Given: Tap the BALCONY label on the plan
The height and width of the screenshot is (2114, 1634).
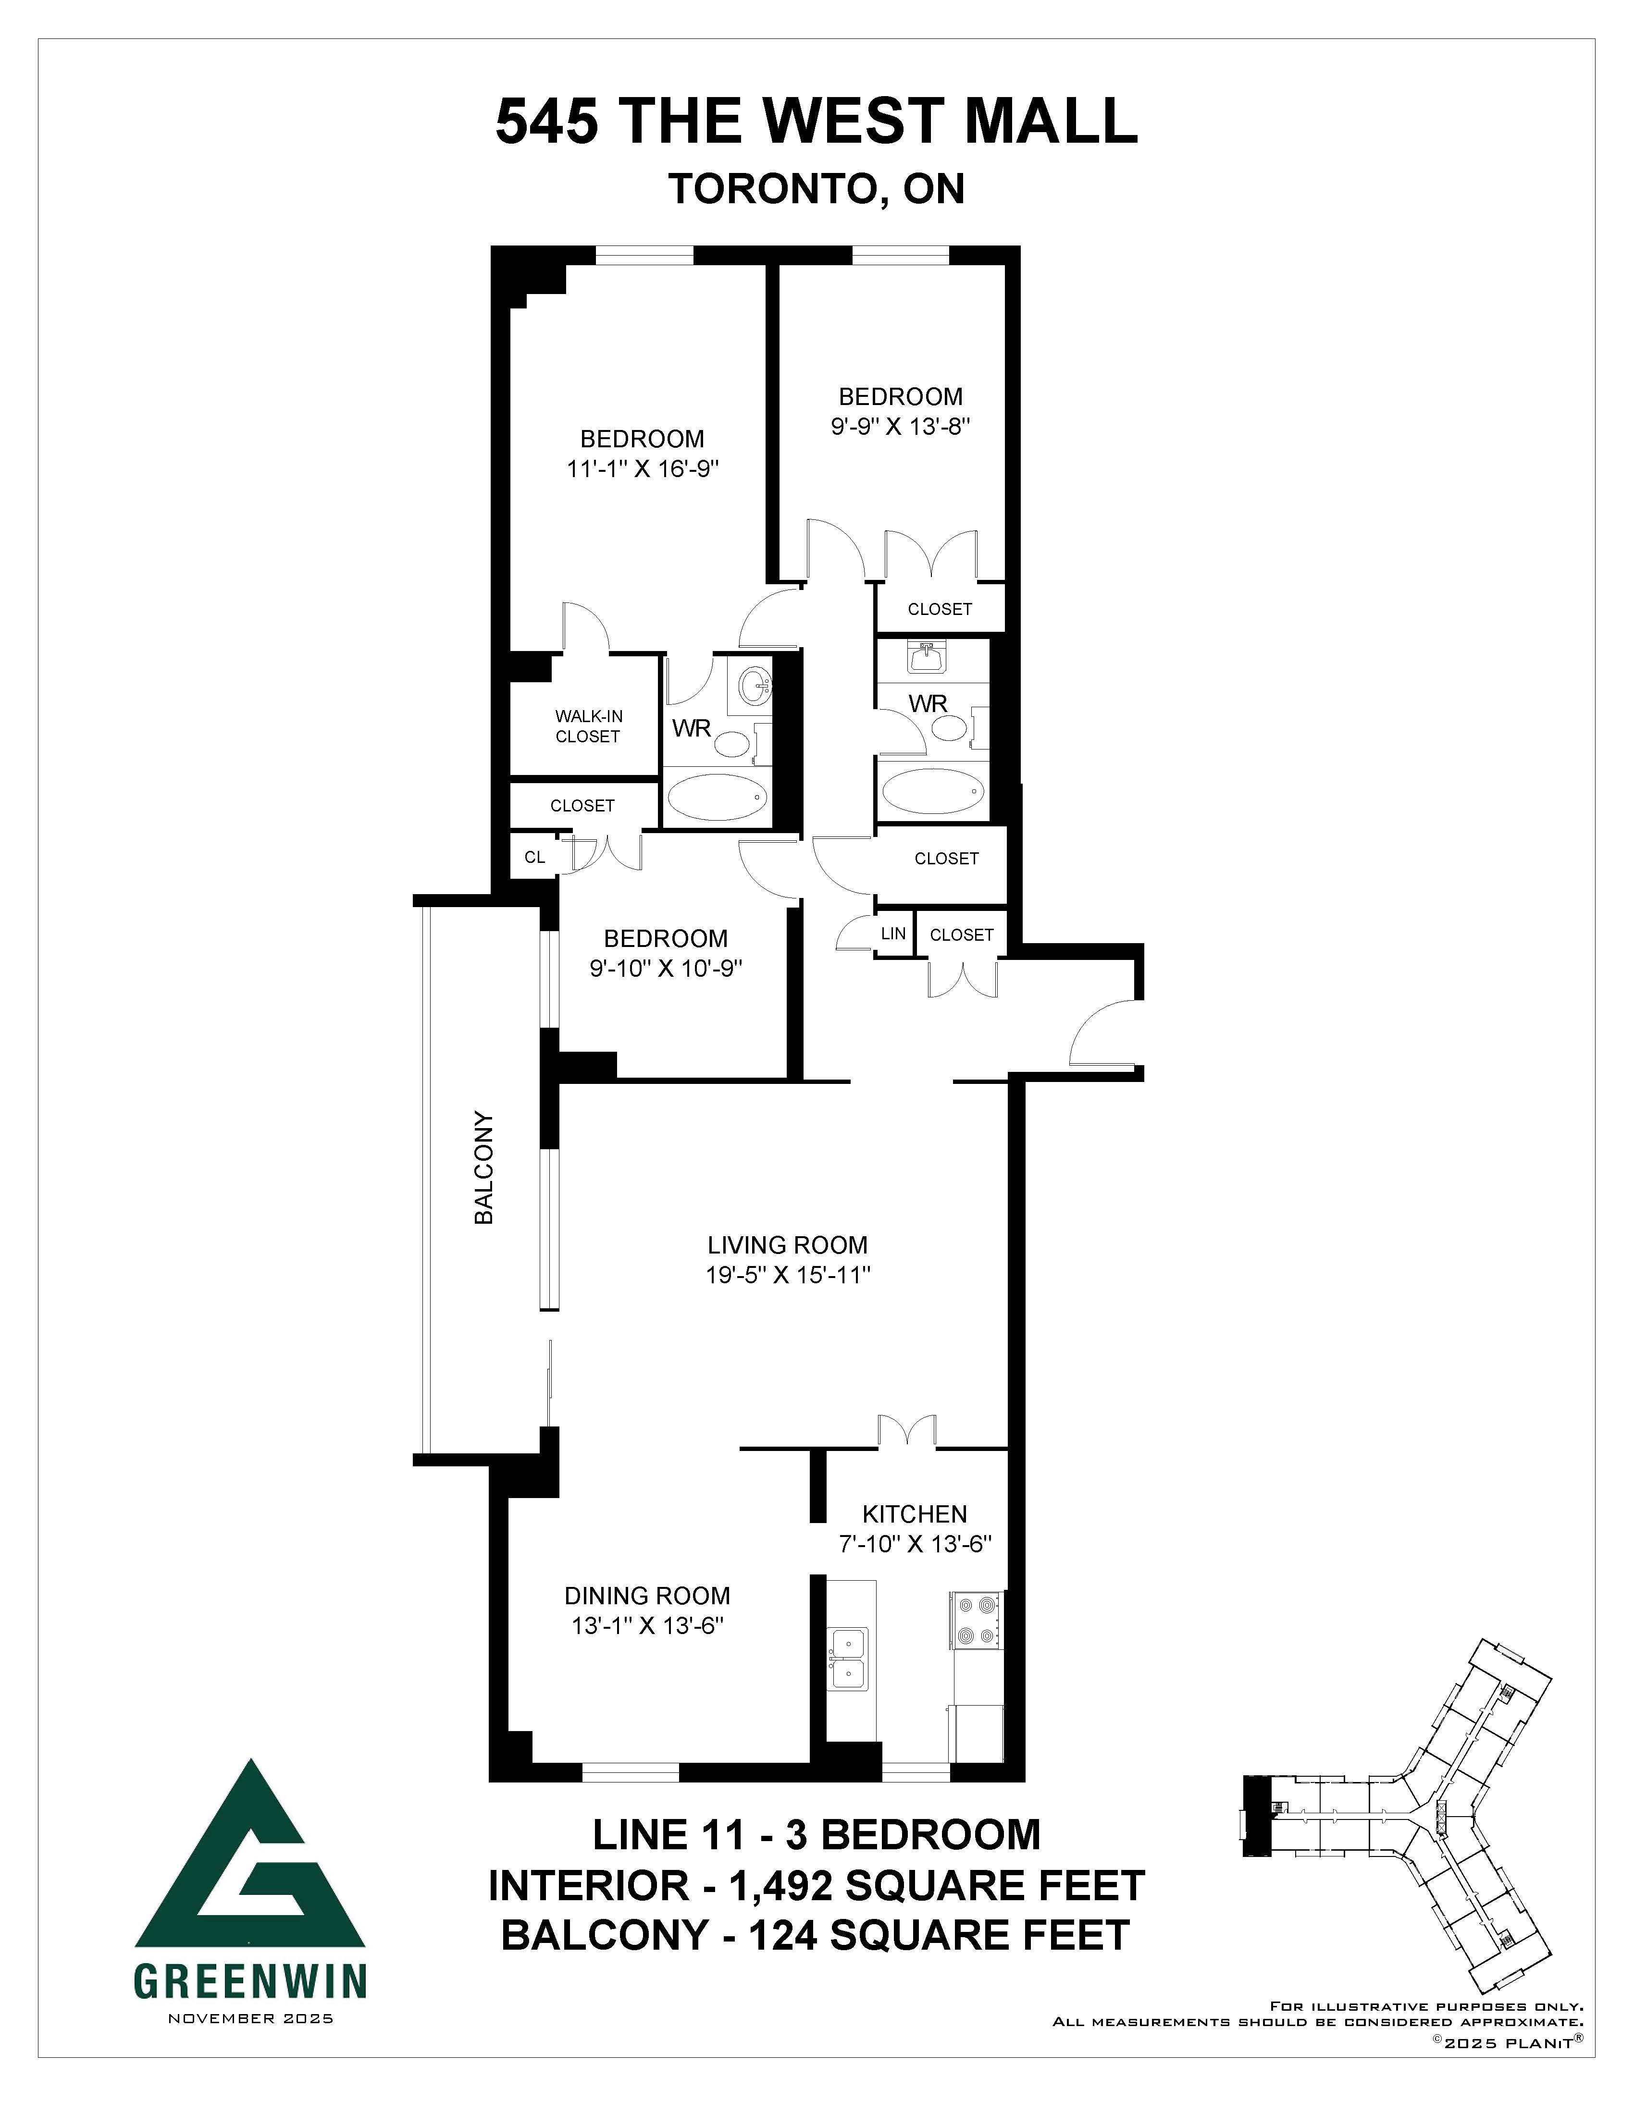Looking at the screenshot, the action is point(484,1168).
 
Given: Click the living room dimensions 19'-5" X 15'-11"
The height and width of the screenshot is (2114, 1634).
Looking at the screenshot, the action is point(788,1275).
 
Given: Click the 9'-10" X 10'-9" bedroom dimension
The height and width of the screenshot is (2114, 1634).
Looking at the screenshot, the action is point(666,968).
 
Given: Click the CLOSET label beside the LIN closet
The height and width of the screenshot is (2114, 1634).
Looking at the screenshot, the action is point(961,934).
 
